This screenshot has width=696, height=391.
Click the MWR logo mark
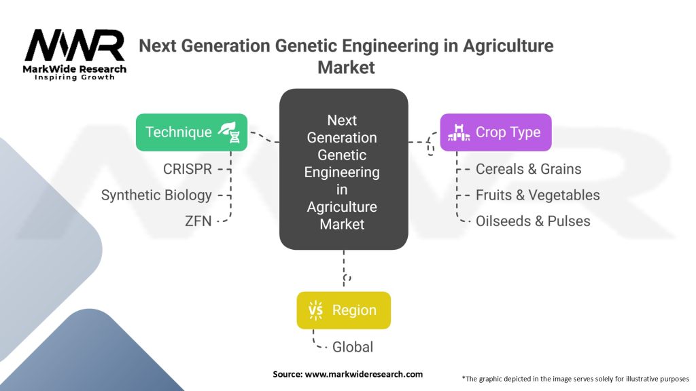(x=75, y=45)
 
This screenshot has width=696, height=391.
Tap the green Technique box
(x=192, y=132)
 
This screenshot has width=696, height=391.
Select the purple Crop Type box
(x=495, y=132)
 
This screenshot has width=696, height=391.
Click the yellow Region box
(x=343, y=310)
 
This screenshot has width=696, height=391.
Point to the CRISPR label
(x=188, y=169)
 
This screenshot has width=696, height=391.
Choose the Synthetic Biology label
(x=156, y=195)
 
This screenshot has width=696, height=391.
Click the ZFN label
(x=198, y=221)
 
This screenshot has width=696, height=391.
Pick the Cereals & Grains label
(x=528, y=169)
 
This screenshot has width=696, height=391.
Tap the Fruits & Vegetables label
(x=538, y=195)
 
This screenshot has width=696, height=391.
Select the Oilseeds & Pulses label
(x=533, y=221)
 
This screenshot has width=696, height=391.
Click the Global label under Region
(x=353, y=347)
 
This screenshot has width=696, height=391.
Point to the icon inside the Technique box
(x=229, y=132)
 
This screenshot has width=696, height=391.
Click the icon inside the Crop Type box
(x=459, y=132)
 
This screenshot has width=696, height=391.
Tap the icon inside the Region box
(x=315, y=310)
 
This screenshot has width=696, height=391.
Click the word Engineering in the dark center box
(x=342, y=172)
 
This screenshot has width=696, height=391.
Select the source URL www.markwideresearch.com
(x=364, y=374)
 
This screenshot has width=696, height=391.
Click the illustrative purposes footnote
(x=575, y=379)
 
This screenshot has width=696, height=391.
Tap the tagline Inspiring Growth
(x=75, y=77)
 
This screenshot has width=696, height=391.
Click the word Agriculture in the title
(x=508, y=45)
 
